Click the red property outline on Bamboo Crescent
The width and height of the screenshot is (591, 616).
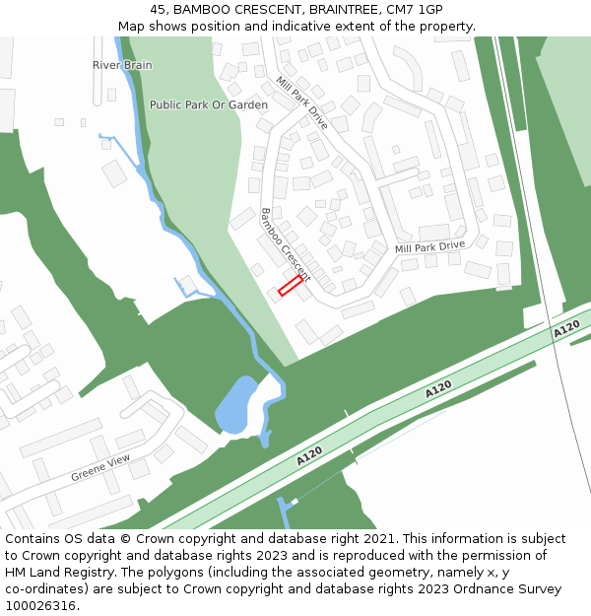point(290,285)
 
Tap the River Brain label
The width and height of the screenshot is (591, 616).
point(122,65)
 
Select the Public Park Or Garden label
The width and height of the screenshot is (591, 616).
point(208,104)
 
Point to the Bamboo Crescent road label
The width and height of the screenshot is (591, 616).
point(284,244)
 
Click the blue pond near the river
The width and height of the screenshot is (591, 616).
point(234,404)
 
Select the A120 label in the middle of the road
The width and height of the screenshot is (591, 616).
point(438,390)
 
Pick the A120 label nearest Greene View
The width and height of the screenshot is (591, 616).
point(309,456)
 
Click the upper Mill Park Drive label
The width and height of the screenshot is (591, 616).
point(301,103)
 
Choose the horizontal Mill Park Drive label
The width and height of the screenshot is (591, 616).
point(429,246)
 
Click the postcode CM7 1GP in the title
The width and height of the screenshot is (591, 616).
point(417,9)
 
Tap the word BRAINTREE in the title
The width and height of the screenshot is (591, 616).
point(339,9)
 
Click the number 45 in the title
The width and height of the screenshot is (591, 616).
point(159,9)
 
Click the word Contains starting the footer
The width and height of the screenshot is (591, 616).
point(33,539)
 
